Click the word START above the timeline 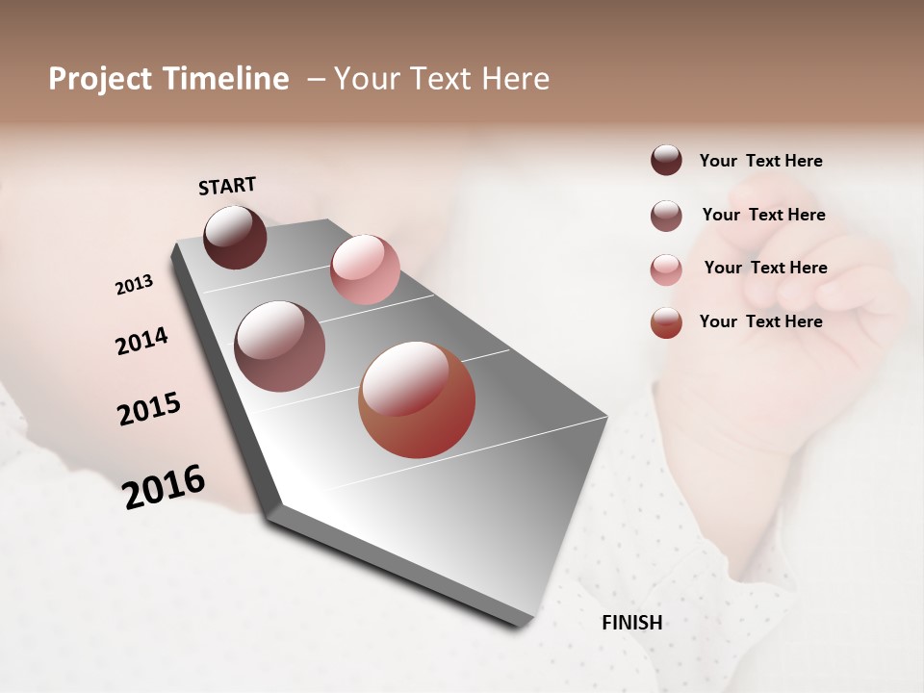(227, 186)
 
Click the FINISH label (631, 623)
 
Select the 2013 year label (134, 285)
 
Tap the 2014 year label (141, 341)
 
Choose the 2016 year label (164, 487)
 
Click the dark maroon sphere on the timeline (235, 237)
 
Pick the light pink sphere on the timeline (365, 269)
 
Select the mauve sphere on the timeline (280, 346)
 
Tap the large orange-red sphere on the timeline (417, 399)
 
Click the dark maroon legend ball (666, 160)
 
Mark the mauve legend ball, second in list (666, 216)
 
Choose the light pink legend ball (666, 269)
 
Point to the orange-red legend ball (666, 322)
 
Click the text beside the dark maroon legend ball (760, 161)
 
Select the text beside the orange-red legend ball (760, 321)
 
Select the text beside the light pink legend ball (765, 268)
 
